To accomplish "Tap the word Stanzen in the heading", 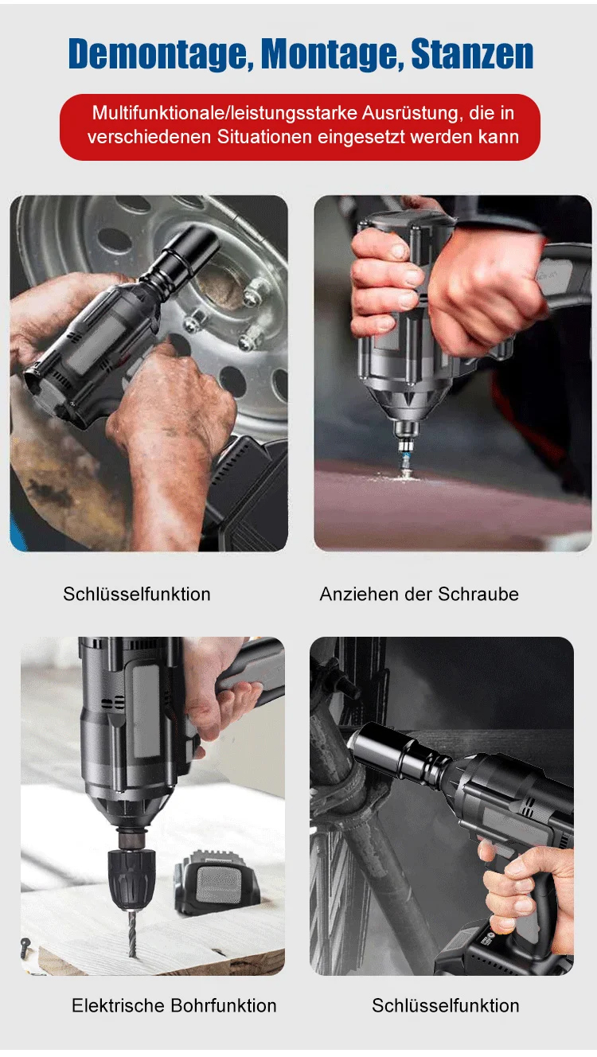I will point(472,54).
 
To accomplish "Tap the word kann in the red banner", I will point(499,137).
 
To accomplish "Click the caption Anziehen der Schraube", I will point(419,594).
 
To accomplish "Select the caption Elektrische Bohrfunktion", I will point(174,1005).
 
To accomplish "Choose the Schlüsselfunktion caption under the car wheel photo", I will point(137,594).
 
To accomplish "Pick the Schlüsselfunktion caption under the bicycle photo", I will point(445,1005).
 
